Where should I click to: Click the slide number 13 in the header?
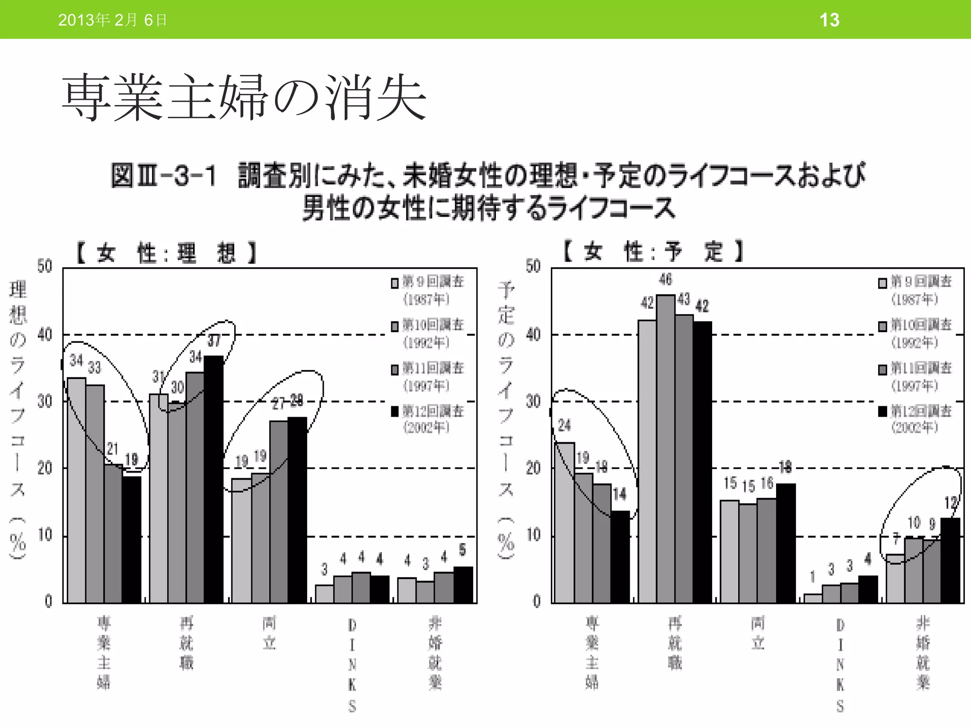point(829,20)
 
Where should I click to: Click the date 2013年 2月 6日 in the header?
point(112,20)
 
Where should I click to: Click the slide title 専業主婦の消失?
point(244,98)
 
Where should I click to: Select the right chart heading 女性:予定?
point(653,251)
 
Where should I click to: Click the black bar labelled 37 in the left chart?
point(214,479)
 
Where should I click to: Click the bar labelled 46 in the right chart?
point(665,448)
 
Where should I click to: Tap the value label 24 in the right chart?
point(564,426)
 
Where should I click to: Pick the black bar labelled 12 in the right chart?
point(950,560)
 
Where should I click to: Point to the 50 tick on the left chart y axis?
point(45,266)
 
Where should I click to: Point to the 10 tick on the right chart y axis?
point(533,535)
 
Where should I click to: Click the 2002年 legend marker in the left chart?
point(394,411)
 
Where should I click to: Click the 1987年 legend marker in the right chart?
point(882,283)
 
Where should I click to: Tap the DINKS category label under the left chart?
point(352,665)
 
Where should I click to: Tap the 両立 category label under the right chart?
point(758,633)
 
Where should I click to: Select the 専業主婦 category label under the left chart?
point(104,652)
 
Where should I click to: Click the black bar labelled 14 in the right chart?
point(620,557)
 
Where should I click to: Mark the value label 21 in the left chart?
point(112,448)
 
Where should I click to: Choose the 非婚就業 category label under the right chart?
point(923,652)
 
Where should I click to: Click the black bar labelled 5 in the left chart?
point(463,584)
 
